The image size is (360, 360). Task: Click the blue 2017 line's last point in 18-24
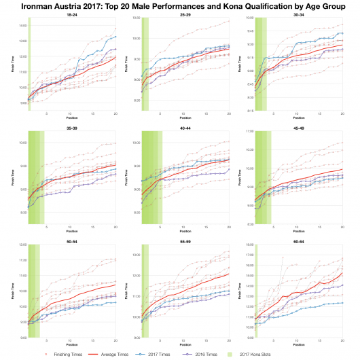[115, 37]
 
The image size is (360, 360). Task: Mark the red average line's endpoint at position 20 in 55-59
[229, 274]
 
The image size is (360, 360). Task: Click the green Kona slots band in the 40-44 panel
[151, 177]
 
